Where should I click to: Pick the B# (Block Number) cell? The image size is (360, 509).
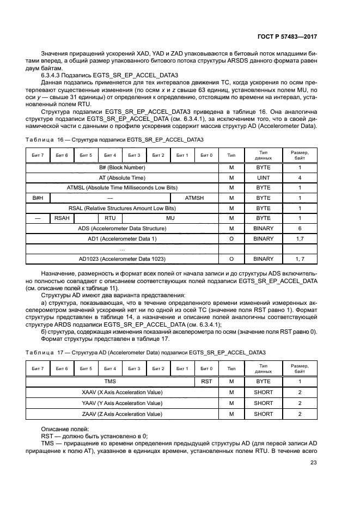[122, 167]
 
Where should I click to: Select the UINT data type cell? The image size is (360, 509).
[263, 177]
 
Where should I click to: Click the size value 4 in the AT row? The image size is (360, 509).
[300, 177]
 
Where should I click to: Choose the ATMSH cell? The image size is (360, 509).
[194, 198]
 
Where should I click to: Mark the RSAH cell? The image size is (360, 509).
[62, 218]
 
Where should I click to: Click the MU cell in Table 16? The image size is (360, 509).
[170, 218]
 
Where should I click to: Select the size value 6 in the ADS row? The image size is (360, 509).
[300, 229]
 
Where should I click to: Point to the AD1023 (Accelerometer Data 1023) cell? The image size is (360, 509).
[122, 259]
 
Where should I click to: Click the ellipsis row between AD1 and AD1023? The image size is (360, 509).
[122, 249]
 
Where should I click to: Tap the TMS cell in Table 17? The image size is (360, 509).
[111, 382]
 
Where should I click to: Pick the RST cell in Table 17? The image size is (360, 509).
[206, 382]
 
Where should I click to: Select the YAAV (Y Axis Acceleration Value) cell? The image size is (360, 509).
[122, 403]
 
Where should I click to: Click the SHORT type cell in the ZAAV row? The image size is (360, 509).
[263, 414]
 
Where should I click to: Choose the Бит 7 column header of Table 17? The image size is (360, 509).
[38, 369]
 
